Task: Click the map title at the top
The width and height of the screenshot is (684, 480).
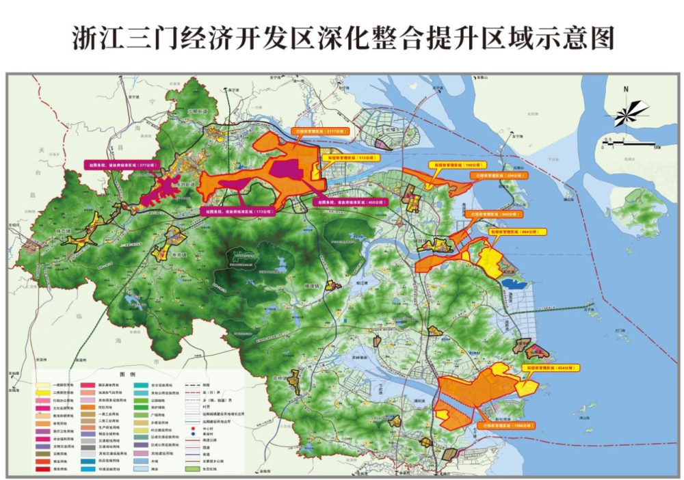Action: pyautogui.click(x=342, y=38)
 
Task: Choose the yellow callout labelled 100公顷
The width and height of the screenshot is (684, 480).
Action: pyautogui.click(x=454, y=164)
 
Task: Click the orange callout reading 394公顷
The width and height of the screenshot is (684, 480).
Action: pyautogui.click(x=497, y=175)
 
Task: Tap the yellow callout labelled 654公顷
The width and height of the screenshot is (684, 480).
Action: pyautogui.click(x=551, y=368)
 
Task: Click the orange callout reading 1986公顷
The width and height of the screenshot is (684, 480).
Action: pyautogui.click(x=504, y=425)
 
